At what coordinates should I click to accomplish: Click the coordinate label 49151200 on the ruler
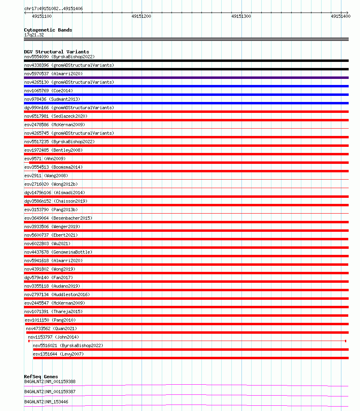click(142, 16)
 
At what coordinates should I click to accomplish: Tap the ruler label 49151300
click(241, 16)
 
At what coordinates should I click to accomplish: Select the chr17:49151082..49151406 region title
click(53, 8)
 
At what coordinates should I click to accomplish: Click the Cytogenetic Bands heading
click(48, 30)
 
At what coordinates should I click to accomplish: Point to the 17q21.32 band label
click(34, 35)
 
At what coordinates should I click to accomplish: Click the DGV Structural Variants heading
click(57, 52)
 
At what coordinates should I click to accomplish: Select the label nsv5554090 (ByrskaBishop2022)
click(59, 57)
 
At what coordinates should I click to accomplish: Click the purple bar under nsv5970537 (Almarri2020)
click(186, 78)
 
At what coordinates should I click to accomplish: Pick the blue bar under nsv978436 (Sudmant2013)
click(186, 103)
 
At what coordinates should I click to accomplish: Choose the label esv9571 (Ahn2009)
click(45, 159)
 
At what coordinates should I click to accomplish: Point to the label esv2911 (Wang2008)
click(46, 176)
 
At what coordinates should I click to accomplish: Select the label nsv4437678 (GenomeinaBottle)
click(58, 252)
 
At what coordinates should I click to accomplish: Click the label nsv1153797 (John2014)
click(53, 337)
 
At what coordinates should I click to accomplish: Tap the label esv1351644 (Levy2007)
click(59, 354)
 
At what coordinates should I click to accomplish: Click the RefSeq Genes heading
click(41, 377)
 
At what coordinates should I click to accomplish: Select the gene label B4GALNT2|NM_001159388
click(50, 381)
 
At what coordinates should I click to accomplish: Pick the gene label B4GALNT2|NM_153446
click(46, 402)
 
